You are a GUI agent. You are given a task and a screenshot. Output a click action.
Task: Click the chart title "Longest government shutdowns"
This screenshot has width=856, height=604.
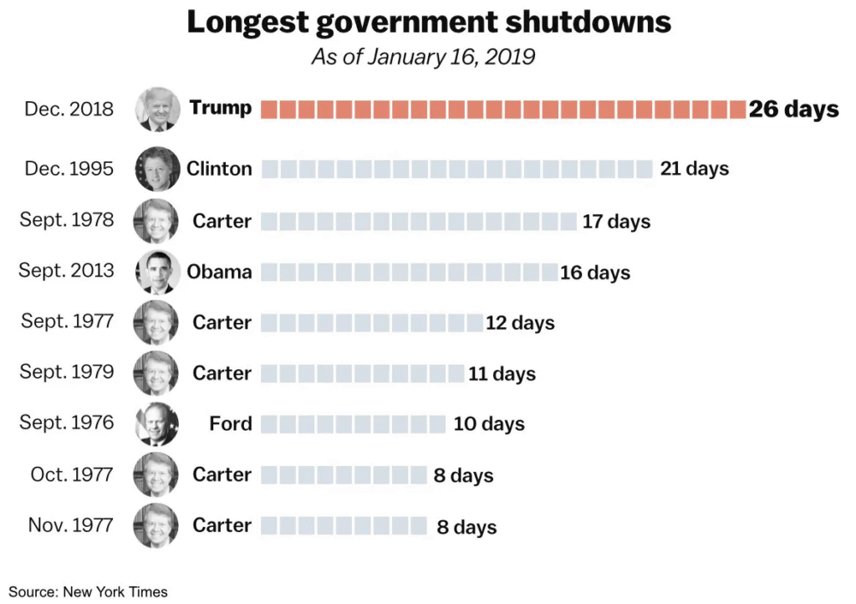[428, 23]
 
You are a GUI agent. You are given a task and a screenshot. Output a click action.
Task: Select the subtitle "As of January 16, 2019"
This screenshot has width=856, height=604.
[423, 58]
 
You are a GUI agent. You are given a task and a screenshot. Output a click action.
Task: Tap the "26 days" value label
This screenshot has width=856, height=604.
[793, 110]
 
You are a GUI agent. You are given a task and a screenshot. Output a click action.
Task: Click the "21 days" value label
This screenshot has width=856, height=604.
[694, 169]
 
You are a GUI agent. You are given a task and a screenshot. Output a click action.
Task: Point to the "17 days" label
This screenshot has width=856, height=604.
[616, 222]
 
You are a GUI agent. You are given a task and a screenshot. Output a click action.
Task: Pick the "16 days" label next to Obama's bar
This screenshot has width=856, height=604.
[595, 273]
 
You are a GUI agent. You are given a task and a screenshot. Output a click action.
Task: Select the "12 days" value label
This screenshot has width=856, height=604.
[520, 323]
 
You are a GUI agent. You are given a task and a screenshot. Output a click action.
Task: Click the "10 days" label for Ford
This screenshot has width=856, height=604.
[489, 424]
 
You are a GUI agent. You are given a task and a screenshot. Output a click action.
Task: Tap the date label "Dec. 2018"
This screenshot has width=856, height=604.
[69, 110]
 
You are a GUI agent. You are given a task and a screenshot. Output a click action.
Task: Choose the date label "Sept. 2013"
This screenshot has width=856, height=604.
[66, 271]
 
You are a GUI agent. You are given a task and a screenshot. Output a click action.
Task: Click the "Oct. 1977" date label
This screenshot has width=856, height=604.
[71, 474]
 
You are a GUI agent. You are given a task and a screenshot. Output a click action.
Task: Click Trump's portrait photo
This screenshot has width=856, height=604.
[157, 110]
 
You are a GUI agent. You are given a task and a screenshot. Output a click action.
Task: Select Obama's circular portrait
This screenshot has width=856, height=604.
[157, 272]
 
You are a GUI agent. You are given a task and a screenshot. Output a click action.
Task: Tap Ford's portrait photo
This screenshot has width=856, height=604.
[157, 424]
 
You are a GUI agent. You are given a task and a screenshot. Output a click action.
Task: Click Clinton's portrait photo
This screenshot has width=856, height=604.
[157, 169]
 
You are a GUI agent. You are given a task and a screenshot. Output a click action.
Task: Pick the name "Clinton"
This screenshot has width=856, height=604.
[219, 169]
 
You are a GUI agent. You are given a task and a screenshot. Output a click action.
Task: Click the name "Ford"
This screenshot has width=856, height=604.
[231, 424]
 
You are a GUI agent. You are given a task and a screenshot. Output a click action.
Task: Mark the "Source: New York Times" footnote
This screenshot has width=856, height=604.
[89, 592]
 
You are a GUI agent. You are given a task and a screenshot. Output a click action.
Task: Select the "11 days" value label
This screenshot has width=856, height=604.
[502, 374]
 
